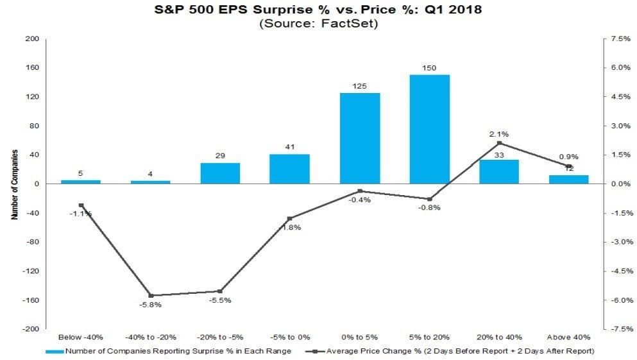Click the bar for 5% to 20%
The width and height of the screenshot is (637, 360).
pyautogui.click(x=429, y=129)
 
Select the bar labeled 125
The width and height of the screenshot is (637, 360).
pyautogui.click(x=359, y=138)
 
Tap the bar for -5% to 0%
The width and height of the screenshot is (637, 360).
pyautogui.click(x=289, y=169)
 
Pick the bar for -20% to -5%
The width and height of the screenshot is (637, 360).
pyautogui.click(x=220, y=173)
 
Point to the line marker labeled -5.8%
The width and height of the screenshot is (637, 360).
pyautogui.click(x=151, y=295)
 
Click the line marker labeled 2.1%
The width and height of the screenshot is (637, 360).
pyautogui.click(x=499, y=143)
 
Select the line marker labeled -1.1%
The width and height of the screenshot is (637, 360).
pyautogui.click(x=81, y=205)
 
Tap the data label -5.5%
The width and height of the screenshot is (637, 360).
pyautogui.click(x=221, y=300)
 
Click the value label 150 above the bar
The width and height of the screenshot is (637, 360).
pyautogui.click(x=429, y=67)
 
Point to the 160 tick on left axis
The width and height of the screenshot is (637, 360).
pyautogui.click(x=33, y=68)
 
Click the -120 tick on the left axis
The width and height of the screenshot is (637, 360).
pyautogui.click(x=31, y=271)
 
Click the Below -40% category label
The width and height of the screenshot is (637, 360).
pyautogui.click(x=81, y=337)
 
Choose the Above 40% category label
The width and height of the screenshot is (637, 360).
pyautogui.click(x=568, y=337)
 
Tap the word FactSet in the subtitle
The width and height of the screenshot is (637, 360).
pyautogui.click(x=350, y=24)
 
